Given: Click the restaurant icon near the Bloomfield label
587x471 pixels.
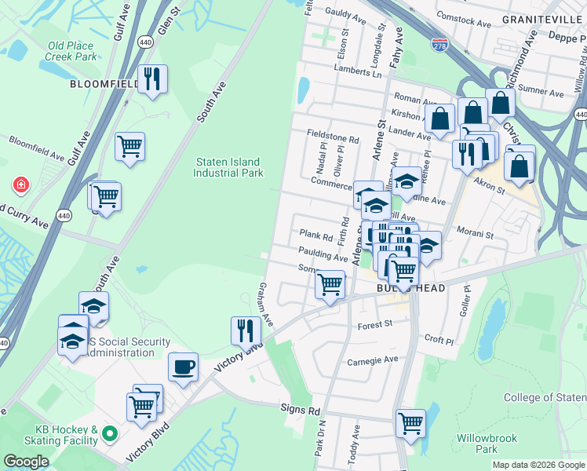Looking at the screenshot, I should point(152,79).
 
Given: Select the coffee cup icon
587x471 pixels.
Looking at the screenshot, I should point(183,367).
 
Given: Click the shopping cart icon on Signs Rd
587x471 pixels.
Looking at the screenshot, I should point(410,424).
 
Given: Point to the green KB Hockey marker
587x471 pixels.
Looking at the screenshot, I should point(111,433).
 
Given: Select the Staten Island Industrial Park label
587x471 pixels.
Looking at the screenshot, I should point(228,167).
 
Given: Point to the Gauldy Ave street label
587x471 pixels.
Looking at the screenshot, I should point(346,15).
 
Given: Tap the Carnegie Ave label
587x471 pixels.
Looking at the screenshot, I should point(374,360).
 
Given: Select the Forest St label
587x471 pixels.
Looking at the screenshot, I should point(374,325).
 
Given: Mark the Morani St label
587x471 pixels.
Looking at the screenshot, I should point(476,234).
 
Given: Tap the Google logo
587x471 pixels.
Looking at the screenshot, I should point(26,462).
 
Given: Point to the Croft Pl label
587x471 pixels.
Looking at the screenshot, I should point(439,341).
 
